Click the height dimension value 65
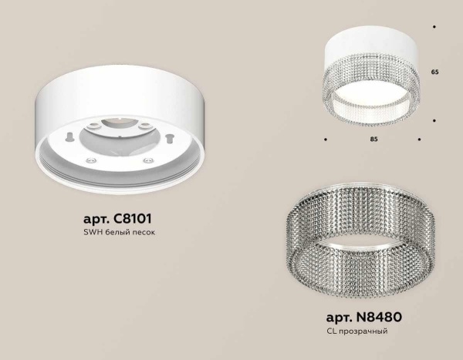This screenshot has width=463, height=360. [x=434, y=71]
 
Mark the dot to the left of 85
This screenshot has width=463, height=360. [x=324, y=140]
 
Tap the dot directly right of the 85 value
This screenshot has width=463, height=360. [x=419, y=140]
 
